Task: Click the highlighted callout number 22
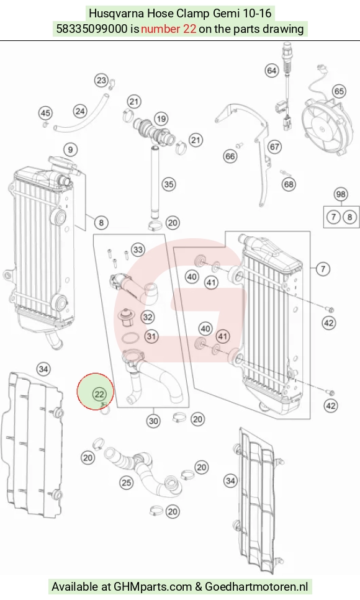(x=99, y=394)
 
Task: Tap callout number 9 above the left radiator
(x=70, y=150)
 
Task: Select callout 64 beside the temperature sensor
(x=271, y=70)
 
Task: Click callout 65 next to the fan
(x=339, y=91)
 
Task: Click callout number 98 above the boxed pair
(x=341, y=194)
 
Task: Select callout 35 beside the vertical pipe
(x=168, y=184)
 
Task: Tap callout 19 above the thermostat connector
(x=161, y=119)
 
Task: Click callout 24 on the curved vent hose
(x=80, y=111)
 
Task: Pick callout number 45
(x=45, y=113)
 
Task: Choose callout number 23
(x=102, y=81)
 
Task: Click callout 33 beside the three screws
(x=138, y=250)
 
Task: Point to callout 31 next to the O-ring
(x=151, y=336)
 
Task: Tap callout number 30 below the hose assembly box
(x=153, y=421)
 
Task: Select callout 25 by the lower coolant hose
(x=127, y=483)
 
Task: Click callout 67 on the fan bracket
(x=274, y=146)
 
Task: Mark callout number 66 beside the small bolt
(x=230, y=156)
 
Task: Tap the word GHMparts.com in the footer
(x=153, y=586)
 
